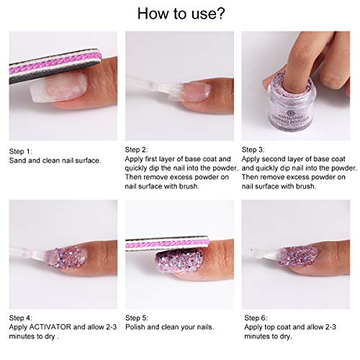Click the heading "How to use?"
tap(179, 14)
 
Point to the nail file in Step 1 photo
tap(50, 68)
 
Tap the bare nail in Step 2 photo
tap(195, 91)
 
